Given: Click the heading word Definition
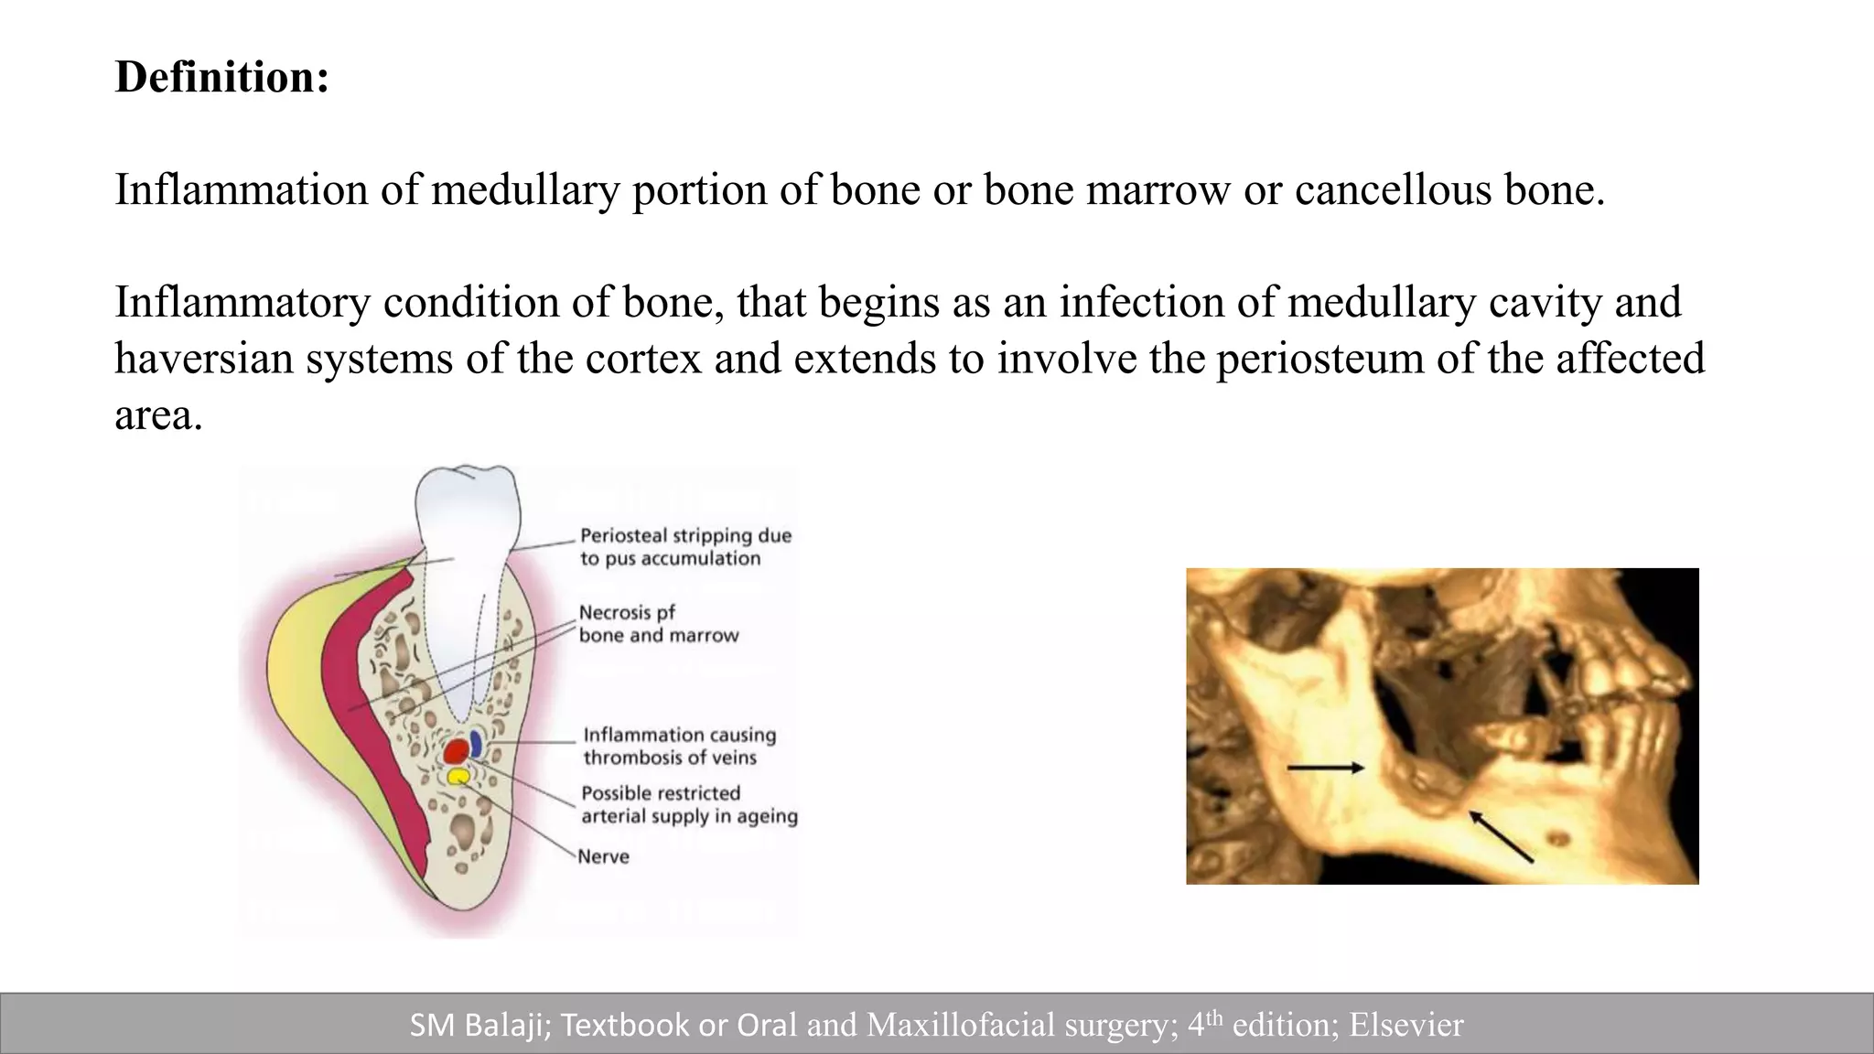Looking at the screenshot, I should [x=221, y=77].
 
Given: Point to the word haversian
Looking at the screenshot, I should [x=203, y=359].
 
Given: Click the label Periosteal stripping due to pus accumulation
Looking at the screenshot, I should [x=684, y=547].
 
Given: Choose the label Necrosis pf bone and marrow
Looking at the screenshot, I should [x=658, y=624].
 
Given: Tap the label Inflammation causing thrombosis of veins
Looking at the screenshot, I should [x=679, y=746].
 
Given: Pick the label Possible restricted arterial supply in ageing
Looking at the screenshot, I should [x=688, y=804].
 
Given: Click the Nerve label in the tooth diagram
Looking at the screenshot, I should [x=603, y=856].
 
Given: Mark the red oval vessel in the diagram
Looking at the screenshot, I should [x=456, y=752].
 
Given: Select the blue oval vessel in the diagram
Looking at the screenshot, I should [x=476, y=742].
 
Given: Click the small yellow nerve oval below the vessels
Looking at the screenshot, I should [x=458, y=777].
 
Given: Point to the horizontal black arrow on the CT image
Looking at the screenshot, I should [x=1325, y=768].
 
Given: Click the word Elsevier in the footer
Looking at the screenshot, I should [x=1406, y=1025].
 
